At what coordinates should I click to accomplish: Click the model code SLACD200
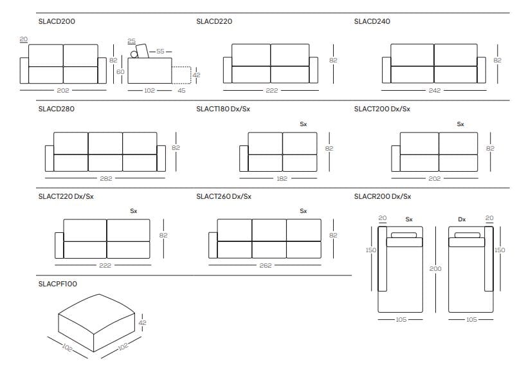coord(57,21)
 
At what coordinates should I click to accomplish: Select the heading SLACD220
coord(214,21)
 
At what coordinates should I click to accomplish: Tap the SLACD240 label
coord(372,21)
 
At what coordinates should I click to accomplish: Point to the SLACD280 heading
coord(57,109)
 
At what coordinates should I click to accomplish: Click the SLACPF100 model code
coord(58,283)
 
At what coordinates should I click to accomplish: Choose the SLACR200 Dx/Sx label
coord(383,196)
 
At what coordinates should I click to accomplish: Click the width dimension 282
coord(105,178)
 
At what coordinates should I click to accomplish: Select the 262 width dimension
coord(265,265)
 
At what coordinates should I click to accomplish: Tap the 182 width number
coord(282,178)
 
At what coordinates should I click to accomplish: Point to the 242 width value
coord(434,90)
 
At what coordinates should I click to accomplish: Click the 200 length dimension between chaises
coord(435,268)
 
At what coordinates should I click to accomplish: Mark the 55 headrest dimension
coord(161,50)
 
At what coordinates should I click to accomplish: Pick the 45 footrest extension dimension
coord(181,91)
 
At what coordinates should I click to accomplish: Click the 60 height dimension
coord(120,71)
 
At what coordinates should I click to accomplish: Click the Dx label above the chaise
coord(462,219)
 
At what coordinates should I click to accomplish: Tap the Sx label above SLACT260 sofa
coord(304,210)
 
